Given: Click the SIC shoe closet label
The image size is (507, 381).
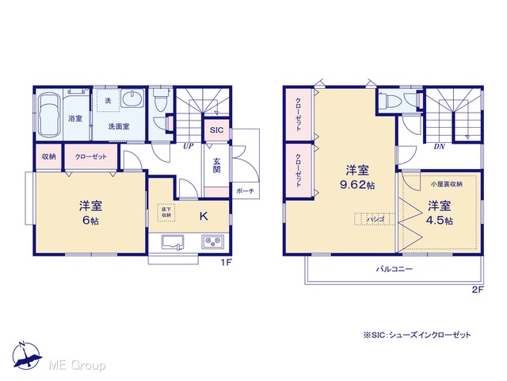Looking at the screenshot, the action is pyautogui.click(x=216, y=130).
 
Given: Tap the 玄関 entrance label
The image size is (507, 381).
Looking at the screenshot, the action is pyautogui.click(x=216, y=165).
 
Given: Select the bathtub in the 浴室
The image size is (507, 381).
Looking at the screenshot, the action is pyautogui.click(x=49, y=116).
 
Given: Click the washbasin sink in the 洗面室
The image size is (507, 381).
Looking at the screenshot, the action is pyautogui.click(x=132, y=98).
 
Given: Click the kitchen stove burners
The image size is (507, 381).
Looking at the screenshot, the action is pyautogui.click(x=212, y=241).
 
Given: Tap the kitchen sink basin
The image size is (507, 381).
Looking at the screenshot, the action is pyautogui.click(x=173, y=242).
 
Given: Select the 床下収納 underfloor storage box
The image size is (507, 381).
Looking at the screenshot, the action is pyautogui.click(x=166, y=213).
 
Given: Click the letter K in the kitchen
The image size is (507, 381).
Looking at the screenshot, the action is pyautogui.click(x=204, y=216).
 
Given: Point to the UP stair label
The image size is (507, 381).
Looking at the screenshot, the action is pyautogui.click(x=189, y=146).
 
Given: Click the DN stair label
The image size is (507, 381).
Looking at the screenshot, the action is pyautogui.click(x=439, y=146).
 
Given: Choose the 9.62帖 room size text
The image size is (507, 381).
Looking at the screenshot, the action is pyautogui.click(x=357, y=185).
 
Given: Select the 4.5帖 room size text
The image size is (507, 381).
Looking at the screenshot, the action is pyautogui.click(x=440, y=221).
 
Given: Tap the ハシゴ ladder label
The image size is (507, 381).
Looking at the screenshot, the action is pyautogui.click(x=375, y=219).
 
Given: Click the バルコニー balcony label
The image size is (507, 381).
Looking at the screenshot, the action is pyautogui.click(x=395, y=269).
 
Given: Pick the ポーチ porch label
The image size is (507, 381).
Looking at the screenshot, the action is pyautogui.click(x=245, y=191).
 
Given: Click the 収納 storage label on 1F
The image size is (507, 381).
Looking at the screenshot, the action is pyautogui.click(x=49, y=157).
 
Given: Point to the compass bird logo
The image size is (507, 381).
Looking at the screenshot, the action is pyautogui.click(x=26, y=356).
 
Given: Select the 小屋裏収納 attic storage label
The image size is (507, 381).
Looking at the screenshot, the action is pyautogui.click(x=446, y=184).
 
